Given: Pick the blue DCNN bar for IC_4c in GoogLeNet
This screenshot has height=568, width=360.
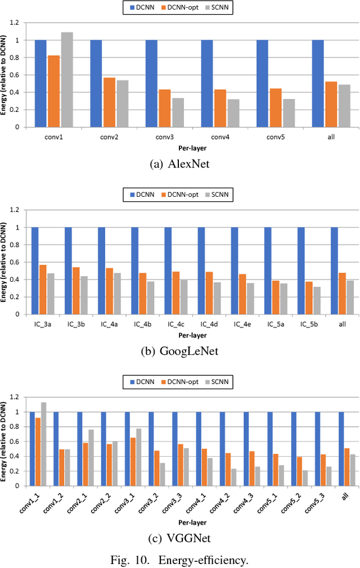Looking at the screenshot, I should (168, 271).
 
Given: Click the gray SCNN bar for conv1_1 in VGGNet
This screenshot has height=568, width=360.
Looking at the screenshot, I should (44, 444).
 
